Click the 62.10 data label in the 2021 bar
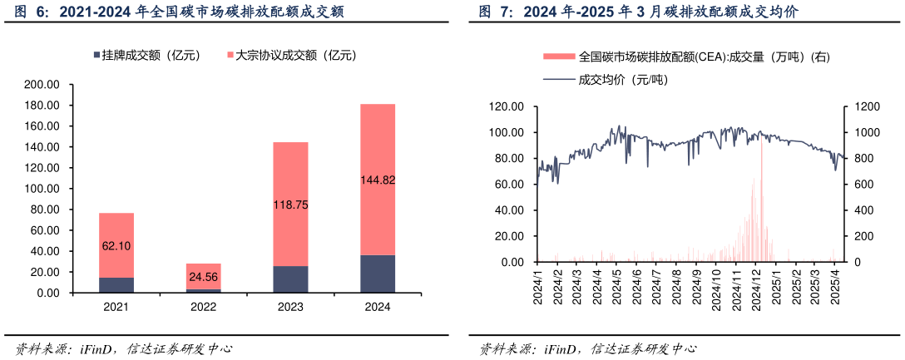coord(116,246)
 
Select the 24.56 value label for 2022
coord(203,277)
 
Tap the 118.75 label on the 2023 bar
coord(290,204)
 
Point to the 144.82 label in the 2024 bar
coord(377,180)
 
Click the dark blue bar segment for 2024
coord(377,274)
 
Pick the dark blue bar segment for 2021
coord(116,285)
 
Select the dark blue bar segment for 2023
coord(290,279)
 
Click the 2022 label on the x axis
coord(203,307)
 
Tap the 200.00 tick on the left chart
coord(42,85)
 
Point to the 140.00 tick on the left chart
coord(42,147)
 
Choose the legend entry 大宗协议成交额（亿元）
coord(287,56)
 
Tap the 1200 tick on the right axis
coord(863,107)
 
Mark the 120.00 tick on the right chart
coord(507,107)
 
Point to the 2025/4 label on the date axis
coord(837,288)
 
